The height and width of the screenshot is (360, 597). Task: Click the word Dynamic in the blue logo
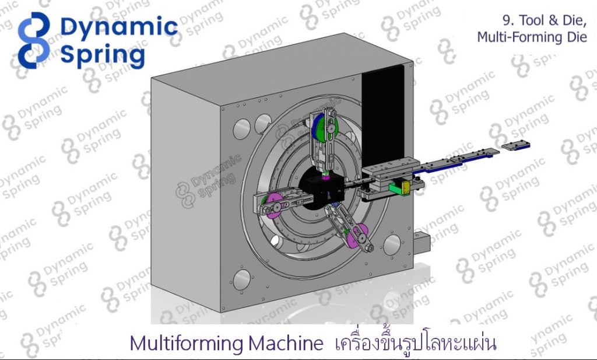click(119, 27)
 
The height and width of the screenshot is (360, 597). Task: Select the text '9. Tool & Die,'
click(545, 20)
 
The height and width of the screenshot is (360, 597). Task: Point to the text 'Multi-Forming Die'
click(532, 37)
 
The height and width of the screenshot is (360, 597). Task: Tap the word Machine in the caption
click(286, 343)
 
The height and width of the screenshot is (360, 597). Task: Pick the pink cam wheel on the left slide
click(275, 206)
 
